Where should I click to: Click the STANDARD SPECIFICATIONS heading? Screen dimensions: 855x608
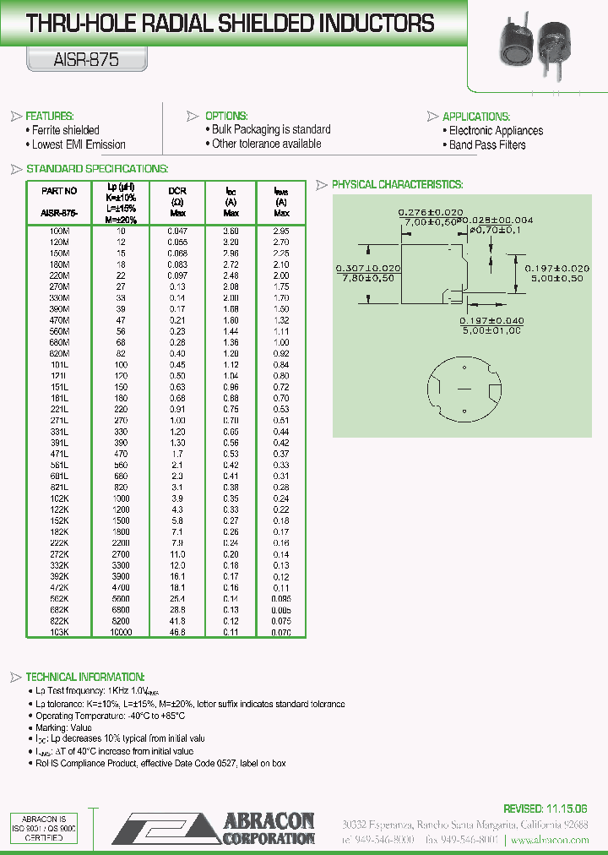point(96,169)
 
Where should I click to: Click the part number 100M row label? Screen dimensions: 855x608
point(59,231)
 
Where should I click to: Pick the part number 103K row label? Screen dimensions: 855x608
point(59,632)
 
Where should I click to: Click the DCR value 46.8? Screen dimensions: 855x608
point(177,632)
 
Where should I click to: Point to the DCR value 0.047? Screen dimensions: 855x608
point(177,231)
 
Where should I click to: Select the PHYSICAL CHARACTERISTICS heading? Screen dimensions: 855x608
point(396,184)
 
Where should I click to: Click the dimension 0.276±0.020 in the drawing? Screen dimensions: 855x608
point(431,211)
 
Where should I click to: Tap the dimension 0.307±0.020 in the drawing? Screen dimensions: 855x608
point(367,268)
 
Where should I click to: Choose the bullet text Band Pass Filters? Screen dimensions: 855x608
point(487,145)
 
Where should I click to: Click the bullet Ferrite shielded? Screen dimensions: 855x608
point(65,130)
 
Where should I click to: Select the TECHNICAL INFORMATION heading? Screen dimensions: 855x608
point(85,677)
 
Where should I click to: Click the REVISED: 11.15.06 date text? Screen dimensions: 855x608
point(545,809)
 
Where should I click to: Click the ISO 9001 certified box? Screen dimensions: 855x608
point(44,830)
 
